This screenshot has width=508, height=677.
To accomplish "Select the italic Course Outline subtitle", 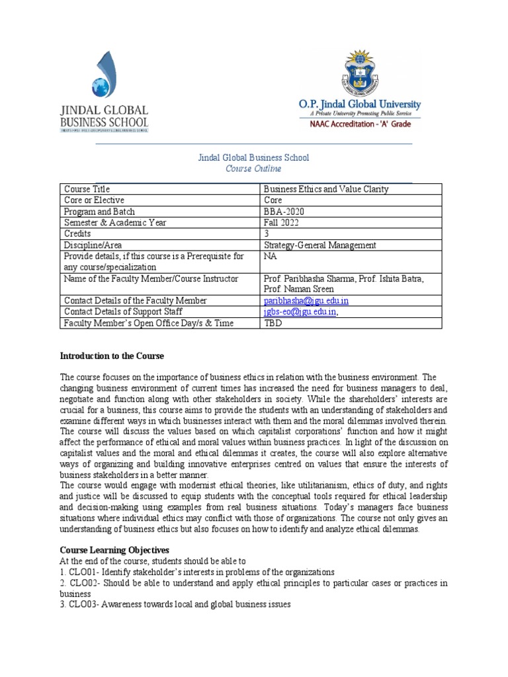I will point(254,169).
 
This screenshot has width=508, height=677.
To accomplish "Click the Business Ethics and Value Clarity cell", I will point(326,189).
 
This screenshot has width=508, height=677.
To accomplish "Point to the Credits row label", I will point(77,234).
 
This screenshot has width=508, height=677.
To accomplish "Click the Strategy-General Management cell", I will point(319,245).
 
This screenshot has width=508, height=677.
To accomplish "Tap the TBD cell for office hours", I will point(273,323).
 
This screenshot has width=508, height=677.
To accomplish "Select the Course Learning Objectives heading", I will point(114,549).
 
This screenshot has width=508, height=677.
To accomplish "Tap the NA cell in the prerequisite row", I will point(269,257).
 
